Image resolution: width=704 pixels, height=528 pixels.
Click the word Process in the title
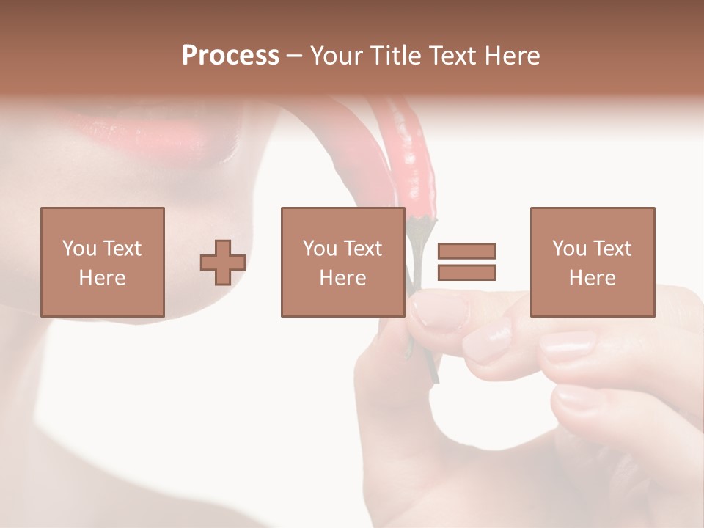(x=230, y=56)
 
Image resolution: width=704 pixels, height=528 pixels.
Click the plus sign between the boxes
(x=223, y=263)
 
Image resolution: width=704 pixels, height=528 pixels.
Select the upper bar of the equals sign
(x=466, y=251)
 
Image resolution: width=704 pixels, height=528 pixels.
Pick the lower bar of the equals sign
(x=466, y=272)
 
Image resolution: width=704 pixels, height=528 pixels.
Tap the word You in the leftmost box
(x=79, y=249)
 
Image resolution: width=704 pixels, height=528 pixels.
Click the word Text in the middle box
(x=363, y=249)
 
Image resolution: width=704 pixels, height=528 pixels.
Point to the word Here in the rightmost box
(x=593, y=278)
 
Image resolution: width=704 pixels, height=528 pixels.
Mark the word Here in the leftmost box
(x=103, y=278)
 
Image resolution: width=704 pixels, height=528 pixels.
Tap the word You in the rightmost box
(x=569, y=249)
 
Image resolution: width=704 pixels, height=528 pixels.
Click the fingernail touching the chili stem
(x=438, y=310)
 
